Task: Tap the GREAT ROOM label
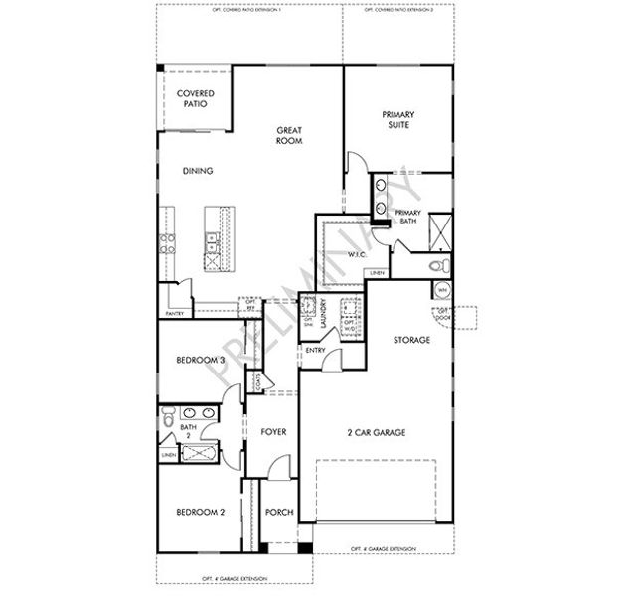[x=289, y=135]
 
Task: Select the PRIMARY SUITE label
[x=398, y=120]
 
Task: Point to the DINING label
[x=198, y=171]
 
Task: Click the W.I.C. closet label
[x=358, y=254]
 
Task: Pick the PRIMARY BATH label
[x=408, y=219]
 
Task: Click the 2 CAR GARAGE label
[x=376, y=432]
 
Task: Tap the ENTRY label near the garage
[x=316, y=350]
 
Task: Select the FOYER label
[x=273, y=432]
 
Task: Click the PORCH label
[x=279, y=513]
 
